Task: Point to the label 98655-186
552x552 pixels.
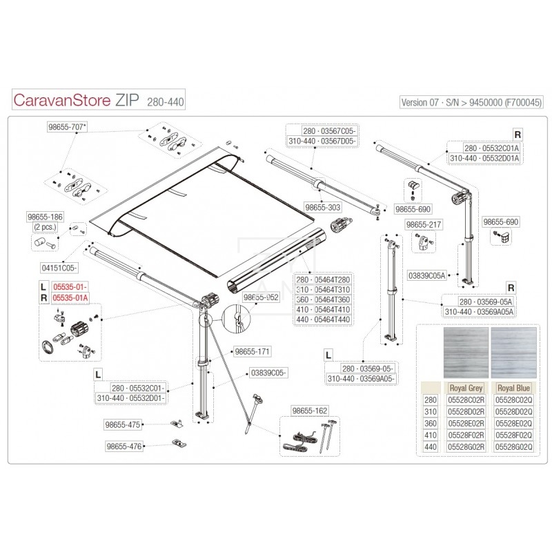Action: pyautogui.click(x=45, y=217)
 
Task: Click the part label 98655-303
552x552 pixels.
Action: pyautogui.click(x=323, y=206)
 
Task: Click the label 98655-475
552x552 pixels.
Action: pyautogui.click(x=124, y=424)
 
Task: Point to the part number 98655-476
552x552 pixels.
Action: pyautogui.click(x=124, y=446)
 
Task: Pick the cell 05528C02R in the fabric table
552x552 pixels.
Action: pyautogui.click(x=466, y=400)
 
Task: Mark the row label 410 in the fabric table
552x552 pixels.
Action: pyautogui.click(x=430, y=435)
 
